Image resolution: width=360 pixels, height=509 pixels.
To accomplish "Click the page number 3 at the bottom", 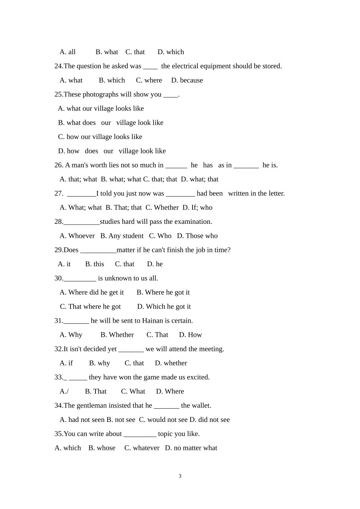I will tap(180, 476).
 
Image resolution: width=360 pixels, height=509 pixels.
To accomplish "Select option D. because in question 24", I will tap(187, 80).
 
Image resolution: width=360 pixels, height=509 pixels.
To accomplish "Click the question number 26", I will tap(59, 165).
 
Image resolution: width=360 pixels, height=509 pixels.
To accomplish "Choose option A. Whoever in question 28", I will tap(77, 236).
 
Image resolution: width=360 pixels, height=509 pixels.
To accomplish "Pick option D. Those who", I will tap(197, 236).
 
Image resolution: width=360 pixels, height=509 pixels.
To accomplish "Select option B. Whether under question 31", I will tap(117, 335).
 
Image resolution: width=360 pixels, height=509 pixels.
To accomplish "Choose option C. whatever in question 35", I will tap(142, 448).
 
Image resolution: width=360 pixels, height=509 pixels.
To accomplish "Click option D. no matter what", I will tap(191, 448).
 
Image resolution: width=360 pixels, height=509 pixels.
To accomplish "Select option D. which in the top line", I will tap(171, 52).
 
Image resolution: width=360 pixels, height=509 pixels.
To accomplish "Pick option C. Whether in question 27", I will tap(162, 208).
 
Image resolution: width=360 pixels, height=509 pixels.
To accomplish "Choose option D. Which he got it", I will tap(164, 307).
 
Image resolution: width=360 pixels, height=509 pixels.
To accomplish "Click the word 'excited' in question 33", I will tap(198, 377).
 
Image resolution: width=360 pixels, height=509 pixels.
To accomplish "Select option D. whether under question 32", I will tap(171, 363).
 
